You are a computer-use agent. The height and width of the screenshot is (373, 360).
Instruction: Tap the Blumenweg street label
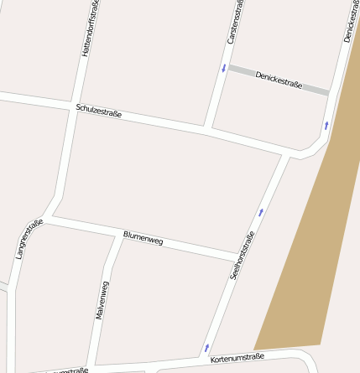point(143,237)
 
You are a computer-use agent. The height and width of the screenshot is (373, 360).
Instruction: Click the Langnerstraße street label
point(29,238)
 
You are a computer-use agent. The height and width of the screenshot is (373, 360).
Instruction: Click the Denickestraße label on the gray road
point(279,80)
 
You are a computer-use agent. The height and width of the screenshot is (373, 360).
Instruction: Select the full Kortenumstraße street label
point(237,358)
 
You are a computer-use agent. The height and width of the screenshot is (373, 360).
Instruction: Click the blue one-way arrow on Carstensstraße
point(223,68)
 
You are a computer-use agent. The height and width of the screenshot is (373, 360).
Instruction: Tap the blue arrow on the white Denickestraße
point(326,126)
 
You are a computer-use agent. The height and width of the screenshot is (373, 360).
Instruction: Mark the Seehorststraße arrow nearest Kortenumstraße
point(206,346)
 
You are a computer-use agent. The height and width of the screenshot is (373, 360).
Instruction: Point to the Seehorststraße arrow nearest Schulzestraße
point(260,212)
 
